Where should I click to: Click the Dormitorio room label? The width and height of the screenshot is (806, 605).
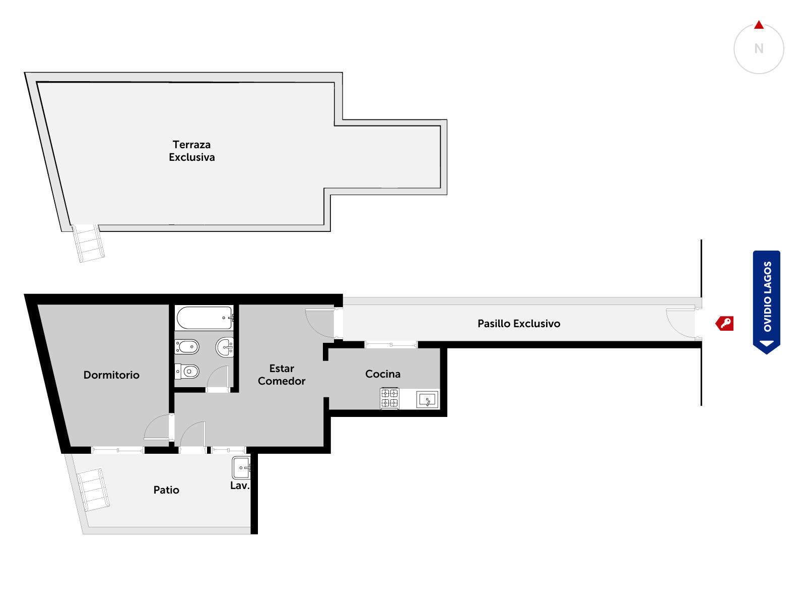click(x=111, y=375)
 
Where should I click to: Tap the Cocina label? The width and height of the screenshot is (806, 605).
click(x=382, y=374)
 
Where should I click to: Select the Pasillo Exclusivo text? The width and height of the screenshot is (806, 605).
click(x=518, y=323)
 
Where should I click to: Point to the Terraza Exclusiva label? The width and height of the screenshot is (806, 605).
click(x=192, y=151)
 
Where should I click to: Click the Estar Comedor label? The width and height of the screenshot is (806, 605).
click(x=281, y=374)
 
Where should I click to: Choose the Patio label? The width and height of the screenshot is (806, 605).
click(x=166, y=490)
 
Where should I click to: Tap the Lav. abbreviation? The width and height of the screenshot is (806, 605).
click(x=239, y=486)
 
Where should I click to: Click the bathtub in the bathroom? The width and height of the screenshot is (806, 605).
click(x=205, y=318)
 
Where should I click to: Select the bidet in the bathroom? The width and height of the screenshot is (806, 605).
click(x=186, y=346)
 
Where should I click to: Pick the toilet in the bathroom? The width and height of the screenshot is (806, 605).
click(x=186, y=371)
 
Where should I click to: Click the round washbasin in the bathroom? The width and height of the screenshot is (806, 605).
click(x=225, y=347)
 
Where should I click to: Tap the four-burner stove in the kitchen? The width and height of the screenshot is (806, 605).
click(x=389, y=398)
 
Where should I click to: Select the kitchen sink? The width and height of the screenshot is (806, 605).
click(x=427, y=399)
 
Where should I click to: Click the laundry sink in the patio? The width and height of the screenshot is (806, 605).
click(x=241, y=468)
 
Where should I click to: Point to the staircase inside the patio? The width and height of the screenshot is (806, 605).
click(x=93, y=490)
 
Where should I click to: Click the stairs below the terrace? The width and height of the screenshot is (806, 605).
click(x=88, y=243)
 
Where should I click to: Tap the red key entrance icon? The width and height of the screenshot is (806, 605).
click(x=724, y=324)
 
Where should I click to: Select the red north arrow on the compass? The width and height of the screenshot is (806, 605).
click(x=759, y=25)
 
